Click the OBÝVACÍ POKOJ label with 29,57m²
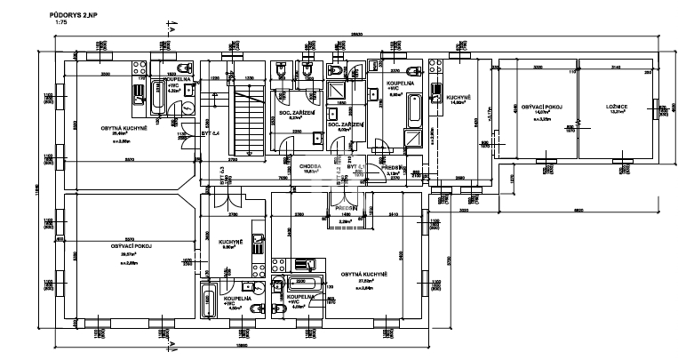coord(129,245)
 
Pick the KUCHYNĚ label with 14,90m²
coord(459,98)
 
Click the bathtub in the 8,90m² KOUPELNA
coord(413,110)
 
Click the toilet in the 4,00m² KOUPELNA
coord(255,304)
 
